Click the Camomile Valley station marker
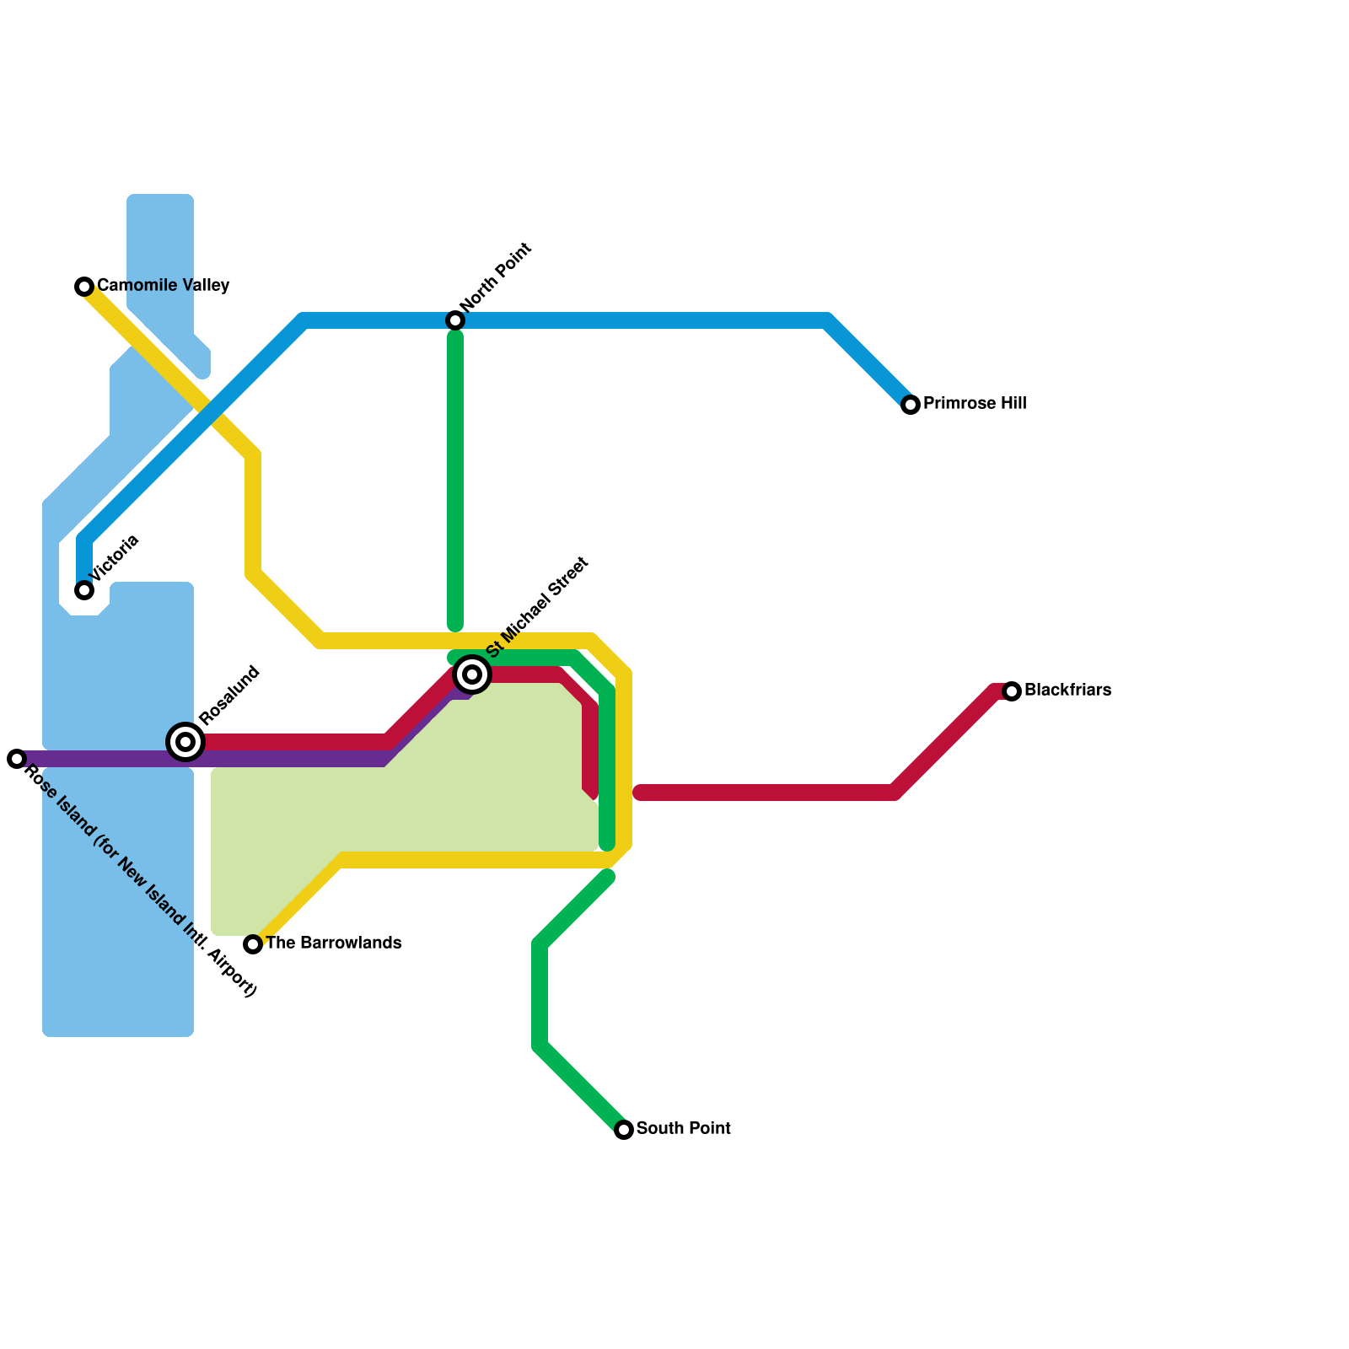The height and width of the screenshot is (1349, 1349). point(84,287)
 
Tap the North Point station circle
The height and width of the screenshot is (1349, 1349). point(455,320)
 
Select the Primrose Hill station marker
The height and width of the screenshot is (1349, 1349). point(911,405)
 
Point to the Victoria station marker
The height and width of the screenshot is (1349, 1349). point(84,590)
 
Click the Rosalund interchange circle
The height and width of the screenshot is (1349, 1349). point(185,742)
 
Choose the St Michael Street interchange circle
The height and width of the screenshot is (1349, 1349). point(472,674)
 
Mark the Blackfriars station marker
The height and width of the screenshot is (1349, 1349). point(1012,691)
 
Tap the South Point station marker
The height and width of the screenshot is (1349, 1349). point(624,1130)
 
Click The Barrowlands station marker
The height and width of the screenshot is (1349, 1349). point(253,944)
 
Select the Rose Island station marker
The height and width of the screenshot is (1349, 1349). point(17,759)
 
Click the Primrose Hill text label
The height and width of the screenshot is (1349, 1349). point(975,404)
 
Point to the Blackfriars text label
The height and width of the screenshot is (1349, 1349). point(1067,691)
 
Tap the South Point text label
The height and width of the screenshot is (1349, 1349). point(683,1129)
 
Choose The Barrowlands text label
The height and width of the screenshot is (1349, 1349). point(333,943)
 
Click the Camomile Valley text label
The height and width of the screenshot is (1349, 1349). point(163,286)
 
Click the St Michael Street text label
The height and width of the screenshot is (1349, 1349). point(537,607)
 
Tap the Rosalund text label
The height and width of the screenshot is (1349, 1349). point(230,696)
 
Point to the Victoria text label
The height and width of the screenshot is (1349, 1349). point(115,558)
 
